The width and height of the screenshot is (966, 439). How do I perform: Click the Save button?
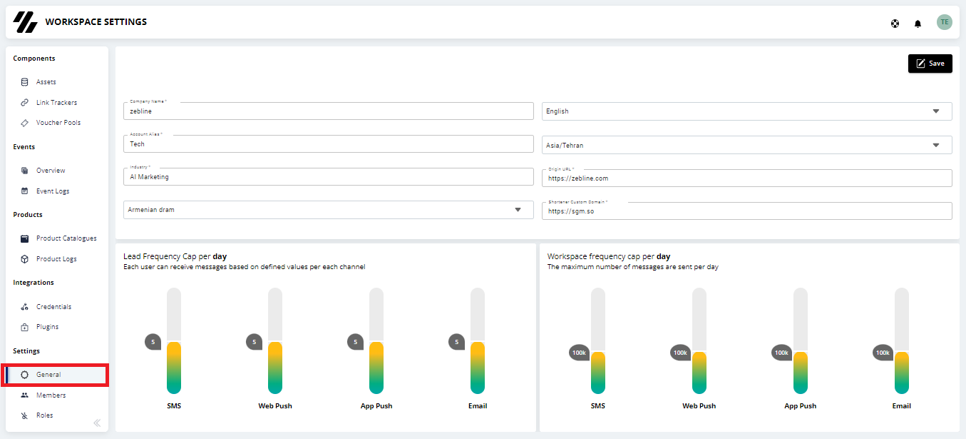(930, 64)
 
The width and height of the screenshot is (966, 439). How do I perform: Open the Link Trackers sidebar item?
(56, 102)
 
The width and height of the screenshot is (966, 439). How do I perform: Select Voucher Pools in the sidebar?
(58, 123)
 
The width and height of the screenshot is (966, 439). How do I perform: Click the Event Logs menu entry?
(53, 191)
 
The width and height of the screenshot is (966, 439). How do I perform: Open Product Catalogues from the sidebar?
(66, 238)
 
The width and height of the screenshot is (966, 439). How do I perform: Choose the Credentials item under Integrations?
(53, 306)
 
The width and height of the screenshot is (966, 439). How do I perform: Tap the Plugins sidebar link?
(47, 327)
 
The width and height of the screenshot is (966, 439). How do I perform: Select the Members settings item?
(51, 395)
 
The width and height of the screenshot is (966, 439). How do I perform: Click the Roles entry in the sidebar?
(44, 415)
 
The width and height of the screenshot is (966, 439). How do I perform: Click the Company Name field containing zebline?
(328, 111)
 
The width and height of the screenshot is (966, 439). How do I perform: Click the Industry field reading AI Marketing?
(328, 176)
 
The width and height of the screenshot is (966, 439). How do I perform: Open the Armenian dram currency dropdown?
(328, 210)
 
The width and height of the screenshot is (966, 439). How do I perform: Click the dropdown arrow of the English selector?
(936, 111)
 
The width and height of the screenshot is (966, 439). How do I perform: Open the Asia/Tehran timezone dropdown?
(746, 145)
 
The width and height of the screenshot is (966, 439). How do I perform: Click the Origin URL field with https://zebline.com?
(746, 178)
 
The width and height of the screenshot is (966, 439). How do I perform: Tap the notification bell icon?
(918, 24)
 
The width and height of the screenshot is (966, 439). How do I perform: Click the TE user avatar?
(945, 22)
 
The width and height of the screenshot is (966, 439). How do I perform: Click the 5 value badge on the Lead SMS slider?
(153, 342)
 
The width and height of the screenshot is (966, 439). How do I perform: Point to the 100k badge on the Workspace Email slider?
(883, 353)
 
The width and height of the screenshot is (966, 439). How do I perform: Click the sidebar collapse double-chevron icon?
(97, 423)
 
